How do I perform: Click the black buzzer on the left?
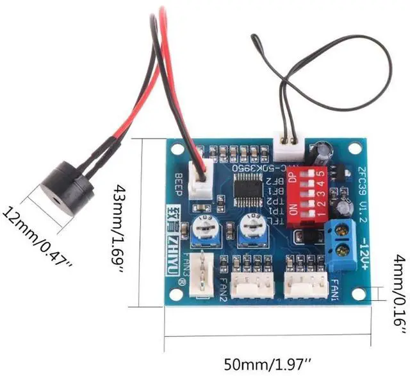(64, 187)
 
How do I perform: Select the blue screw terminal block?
(343, 239)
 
